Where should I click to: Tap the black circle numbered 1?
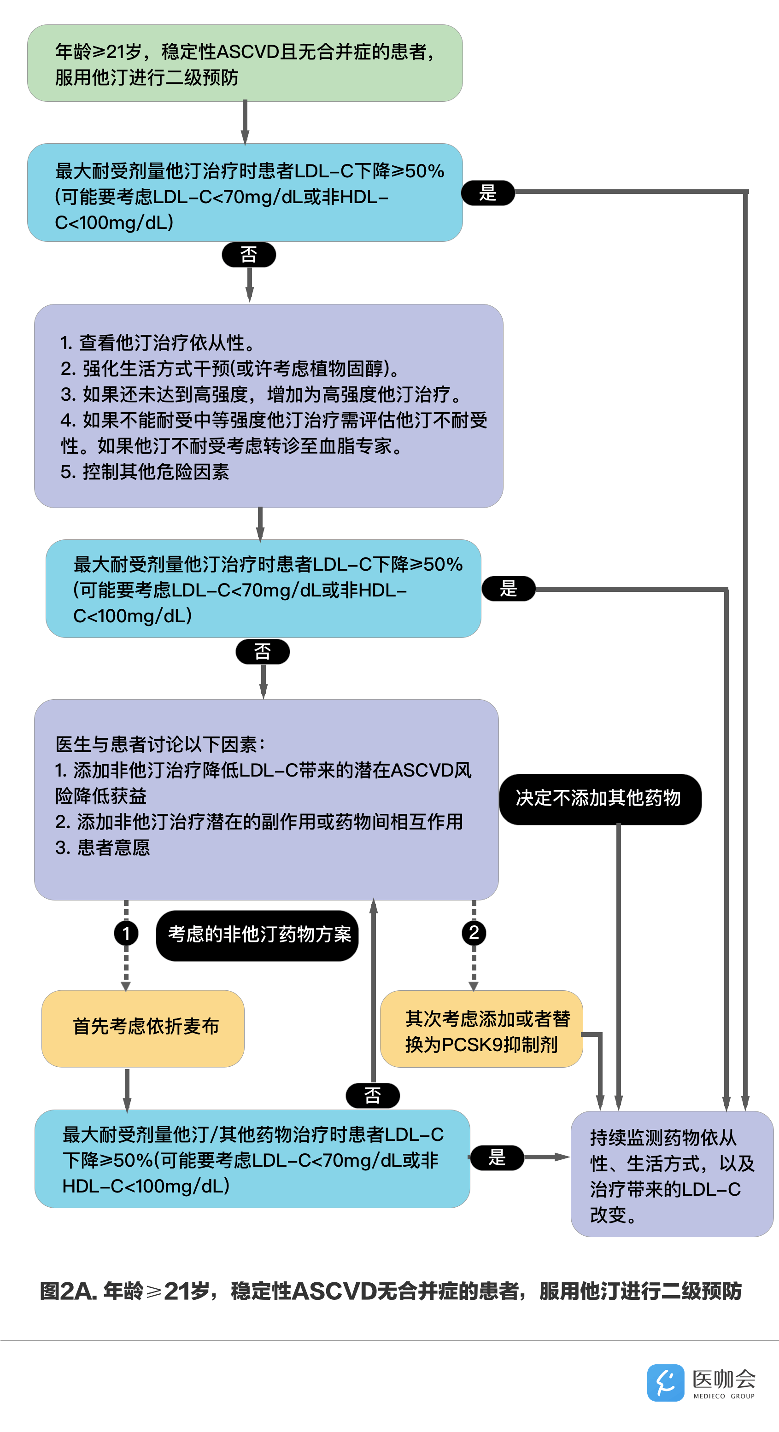[x=126, y=933]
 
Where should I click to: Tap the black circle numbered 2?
[x=474, y=932]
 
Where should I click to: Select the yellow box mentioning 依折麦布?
[x=143, y=1028]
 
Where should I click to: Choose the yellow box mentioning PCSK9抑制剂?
[x=481, y=1029]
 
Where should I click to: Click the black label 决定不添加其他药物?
[x=600, y=799]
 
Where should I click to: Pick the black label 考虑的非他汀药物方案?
[x=258, y=935]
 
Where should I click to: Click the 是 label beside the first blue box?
[x=488, y=193]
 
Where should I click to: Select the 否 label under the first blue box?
[x=249, y=255]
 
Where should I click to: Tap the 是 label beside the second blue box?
[x=508, y=588]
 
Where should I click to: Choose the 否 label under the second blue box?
[x=263, y=651]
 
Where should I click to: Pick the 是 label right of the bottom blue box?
[x=497, y=1157]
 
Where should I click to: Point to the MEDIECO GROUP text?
[x=723, y=1396]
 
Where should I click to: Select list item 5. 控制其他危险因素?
[x=145, y=472]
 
